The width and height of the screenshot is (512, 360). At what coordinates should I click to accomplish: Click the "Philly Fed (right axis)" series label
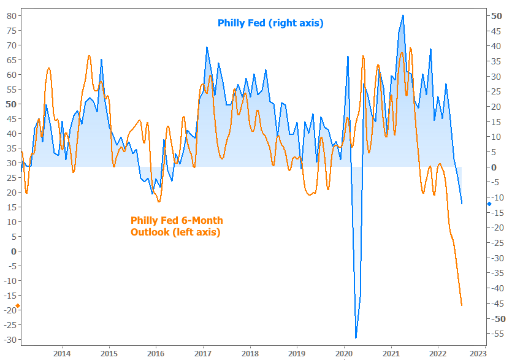pyautogui.click(x=270, y=23)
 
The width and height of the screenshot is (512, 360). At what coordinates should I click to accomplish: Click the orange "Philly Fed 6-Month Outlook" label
pyautogui.click(x=177, y=226)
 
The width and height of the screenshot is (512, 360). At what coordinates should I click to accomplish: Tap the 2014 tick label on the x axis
pyautogui.click(x=62, y=353)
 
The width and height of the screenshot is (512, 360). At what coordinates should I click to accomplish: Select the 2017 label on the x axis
pyautogui.click(x=203, y=353)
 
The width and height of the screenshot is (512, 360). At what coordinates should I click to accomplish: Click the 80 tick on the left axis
pyautogui.click(x=11, y=16)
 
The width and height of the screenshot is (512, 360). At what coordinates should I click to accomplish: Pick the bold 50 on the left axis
pyautogui.click(x=11, y=104)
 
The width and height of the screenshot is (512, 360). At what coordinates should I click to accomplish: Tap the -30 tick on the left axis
pyautogui.click(x=9, y=340)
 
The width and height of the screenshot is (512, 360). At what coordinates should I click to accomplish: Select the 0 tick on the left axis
pyautogui.click(x=13, y=251)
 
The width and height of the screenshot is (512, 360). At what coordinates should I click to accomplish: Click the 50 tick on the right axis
pyautogui.click(x=497, y=16)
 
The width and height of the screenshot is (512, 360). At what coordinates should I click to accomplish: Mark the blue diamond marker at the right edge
pyautogui.click(x=489, y=204)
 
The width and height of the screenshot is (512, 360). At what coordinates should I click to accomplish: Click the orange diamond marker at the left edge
pyautogui.click(x=18, y=305)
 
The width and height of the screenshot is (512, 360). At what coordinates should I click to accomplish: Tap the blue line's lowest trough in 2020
pyautogui.click(x=356, y=337)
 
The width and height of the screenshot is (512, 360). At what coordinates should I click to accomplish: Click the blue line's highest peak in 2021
pyautogui.click(x=403, y=15)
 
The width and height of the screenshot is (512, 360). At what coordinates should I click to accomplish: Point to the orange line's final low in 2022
pyautogui.click(x=461, y=305)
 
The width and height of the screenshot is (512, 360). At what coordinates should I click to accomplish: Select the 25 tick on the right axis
pyautogui.click(x=497, y=91)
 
